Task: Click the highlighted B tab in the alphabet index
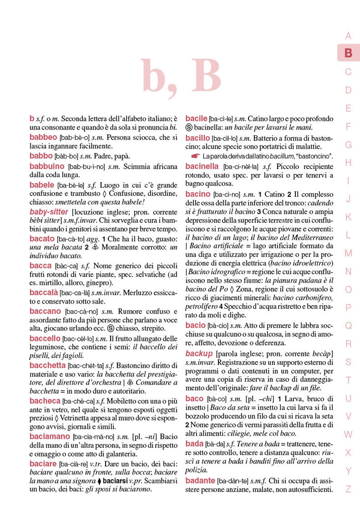click(x=348, y=53)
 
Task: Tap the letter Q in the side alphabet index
click(x=348, y=326)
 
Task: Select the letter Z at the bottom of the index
click(x=348, y=489)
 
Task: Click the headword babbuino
click(x=47, y=166)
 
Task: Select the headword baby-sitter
click(x=49, y=212)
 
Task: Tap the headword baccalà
click(x=44, y=293)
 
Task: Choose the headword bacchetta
click(x=47, y=365)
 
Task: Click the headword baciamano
click(x=50, y=436)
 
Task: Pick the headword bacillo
click(x=197, y=138)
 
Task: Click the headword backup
click(x=199, y=353)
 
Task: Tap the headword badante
click(x=200, y=481)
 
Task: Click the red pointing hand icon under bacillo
click(x=195, y=156)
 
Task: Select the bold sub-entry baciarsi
click(x=115, y=481)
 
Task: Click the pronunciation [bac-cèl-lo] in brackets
click(x=78, y=339)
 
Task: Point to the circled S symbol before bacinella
click(x=189, y=127)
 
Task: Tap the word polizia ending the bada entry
click(x=196, y=470)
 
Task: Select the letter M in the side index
click(x=348, y=253)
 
